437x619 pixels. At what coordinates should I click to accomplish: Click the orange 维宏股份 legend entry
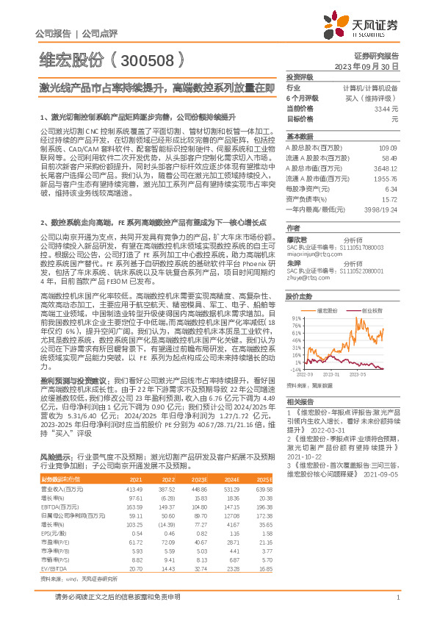pos(329,311)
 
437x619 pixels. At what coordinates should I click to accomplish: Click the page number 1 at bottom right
pos(397,598)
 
